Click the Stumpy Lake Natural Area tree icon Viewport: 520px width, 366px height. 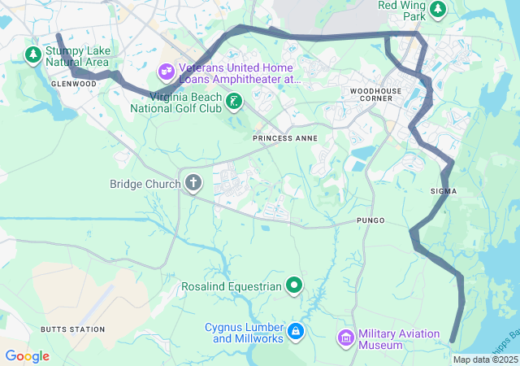coord(33,55)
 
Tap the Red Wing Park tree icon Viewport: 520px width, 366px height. coord(438,9)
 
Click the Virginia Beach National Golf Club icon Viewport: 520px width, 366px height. coord(234,102)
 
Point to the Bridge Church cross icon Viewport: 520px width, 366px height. coord(193,183)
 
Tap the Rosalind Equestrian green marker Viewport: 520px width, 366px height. coord(294,285)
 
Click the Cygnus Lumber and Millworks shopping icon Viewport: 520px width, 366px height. coord(295,331)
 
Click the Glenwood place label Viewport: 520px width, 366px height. coord(73,84)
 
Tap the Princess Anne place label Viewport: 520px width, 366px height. coord(282,138)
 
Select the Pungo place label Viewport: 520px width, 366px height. coord(370,220)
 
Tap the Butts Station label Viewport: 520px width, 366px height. coord(73,329)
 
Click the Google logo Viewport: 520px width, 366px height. coord(27,356)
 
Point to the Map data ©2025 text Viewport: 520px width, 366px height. coord(485,359)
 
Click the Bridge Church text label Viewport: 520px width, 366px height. coord(145,184)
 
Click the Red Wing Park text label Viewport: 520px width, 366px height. coord(402,11)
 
